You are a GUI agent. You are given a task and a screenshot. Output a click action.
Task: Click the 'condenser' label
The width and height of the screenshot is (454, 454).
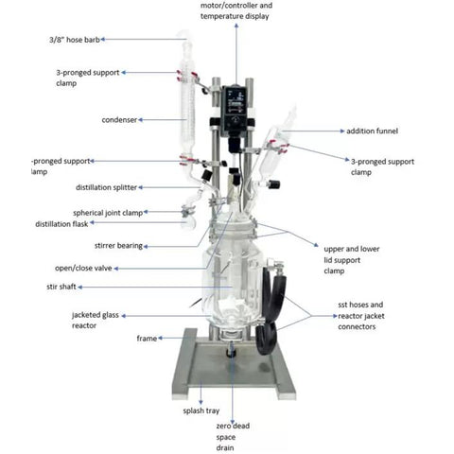coord(119,120)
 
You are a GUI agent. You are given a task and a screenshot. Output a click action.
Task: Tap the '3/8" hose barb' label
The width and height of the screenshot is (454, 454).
coord(75,40)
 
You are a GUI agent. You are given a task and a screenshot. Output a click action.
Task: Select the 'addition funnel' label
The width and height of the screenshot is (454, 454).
coord(372,131)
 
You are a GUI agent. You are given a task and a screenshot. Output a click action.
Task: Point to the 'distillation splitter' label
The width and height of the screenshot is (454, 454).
coord(106,187)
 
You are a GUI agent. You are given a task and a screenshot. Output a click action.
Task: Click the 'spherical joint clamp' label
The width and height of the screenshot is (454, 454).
coord(108,213)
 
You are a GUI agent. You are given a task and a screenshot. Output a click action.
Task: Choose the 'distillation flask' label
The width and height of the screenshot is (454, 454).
coord(61,224)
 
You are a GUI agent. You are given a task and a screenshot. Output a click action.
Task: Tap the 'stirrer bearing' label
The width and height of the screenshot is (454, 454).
coord(118,246)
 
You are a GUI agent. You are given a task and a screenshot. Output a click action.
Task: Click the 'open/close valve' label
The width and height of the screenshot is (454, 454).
coord(83,269)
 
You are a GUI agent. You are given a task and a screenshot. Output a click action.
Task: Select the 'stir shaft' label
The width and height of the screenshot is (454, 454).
coord(61,287)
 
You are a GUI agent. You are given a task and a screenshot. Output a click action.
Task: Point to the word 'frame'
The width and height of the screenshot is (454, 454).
coord(147,339)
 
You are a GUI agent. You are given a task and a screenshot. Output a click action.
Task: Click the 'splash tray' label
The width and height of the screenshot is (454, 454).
coord(201,410)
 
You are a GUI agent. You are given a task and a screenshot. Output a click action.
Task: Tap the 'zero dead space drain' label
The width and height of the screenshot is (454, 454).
coord(233,437)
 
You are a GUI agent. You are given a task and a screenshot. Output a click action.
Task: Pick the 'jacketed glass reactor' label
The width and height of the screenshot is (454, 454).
coord(96,320)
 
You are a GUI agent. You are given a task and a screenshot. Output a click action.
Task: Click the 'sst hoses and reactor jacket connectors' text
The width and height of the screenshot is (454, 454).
coord(361,316)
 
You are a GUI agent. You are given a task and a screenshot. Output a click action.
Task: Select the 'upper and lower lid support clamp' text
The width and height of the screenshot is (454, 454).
coord(352,260)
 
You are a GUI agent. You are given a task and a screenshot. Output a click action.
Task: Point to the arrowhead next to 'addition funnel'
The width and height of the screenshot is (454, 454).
coord(342,131)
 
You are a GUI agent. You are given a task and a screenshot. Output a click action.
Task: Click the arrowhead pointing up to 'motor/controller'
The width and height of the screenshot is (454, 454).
coord(236,26)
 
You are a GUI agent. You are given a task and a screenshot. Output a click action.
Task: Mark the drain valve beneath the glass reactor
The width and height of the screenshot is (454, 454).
coord(232,350)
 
